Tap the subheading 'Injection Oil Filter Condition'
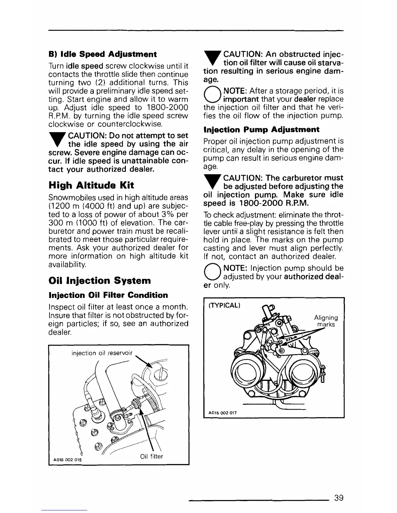pyautogui.click(x=108, y=295)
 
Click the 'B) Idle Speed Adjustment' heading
pyautogui.click(x=102, y=54)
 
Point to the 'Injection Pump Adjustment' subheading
pyautogui.click(x=261, y=130)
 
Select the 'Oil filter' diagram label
pyautogui.click(x=151, y=456)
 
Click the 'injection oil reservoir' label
pyautogui.click(x=102, y=353)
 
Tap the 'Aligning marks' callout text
pyautogui.click(x=326, y=321)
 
